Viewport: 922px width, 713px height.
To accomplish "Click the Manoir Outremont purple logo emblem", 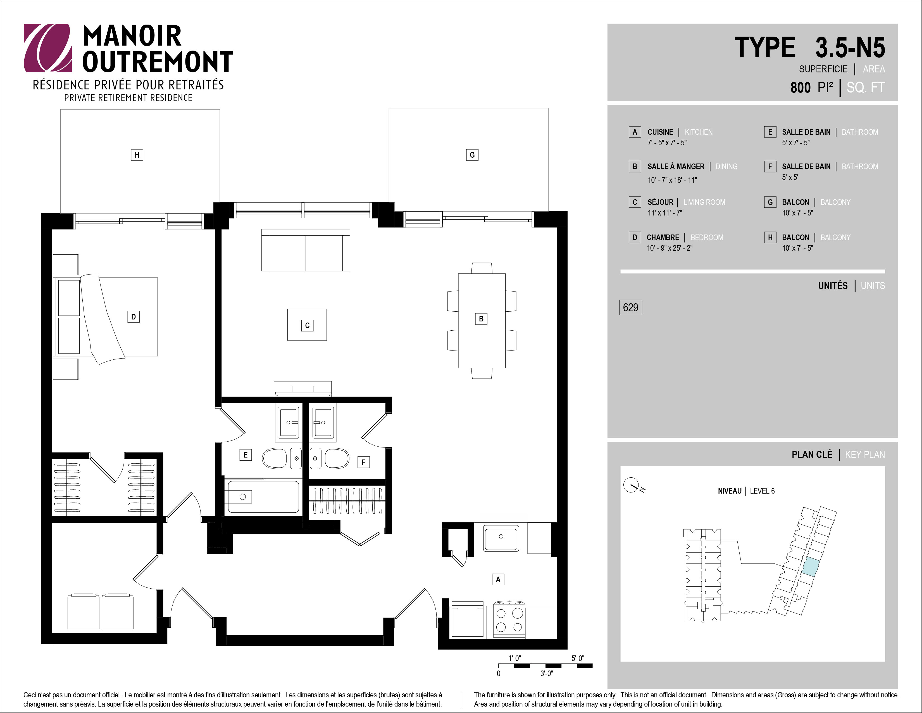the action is (47, 48).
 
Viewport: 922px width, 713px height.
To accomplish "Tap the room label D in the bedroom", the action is (134, 317).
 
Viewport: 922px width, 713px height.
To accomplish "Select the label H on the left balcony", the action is (137, 155).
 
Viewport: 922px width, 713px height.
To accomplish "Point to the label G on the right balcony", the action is (472, 155).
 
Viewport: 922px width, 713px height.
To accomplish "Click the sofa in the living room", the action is (306, 250).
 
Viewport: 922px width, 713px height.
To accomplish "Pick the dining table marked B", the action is (482, 321).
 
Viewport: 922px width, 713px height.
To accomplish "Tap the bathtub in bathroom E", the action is (263, 497).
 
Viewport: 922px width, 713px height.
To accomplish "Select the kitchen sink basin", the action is (501, 538).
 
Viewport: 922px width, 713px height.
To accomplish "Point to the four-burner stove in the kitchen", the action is (509, 620).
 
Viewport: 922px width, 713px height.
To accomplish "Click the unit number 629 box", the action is (630, 307).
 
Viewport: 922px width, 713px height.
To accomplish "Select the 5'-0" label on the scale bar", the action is (578, 658).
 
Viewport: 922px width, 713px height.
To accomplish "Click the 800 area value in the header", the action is (801, 87).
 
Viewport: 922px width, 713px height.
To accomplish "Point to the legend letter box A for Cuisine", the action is (635, 132).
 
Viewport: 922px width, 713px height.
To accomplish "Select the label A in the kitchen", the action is (498, 579).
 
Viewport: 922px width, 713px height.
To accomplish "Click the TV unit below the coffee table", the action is (303, 388).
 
